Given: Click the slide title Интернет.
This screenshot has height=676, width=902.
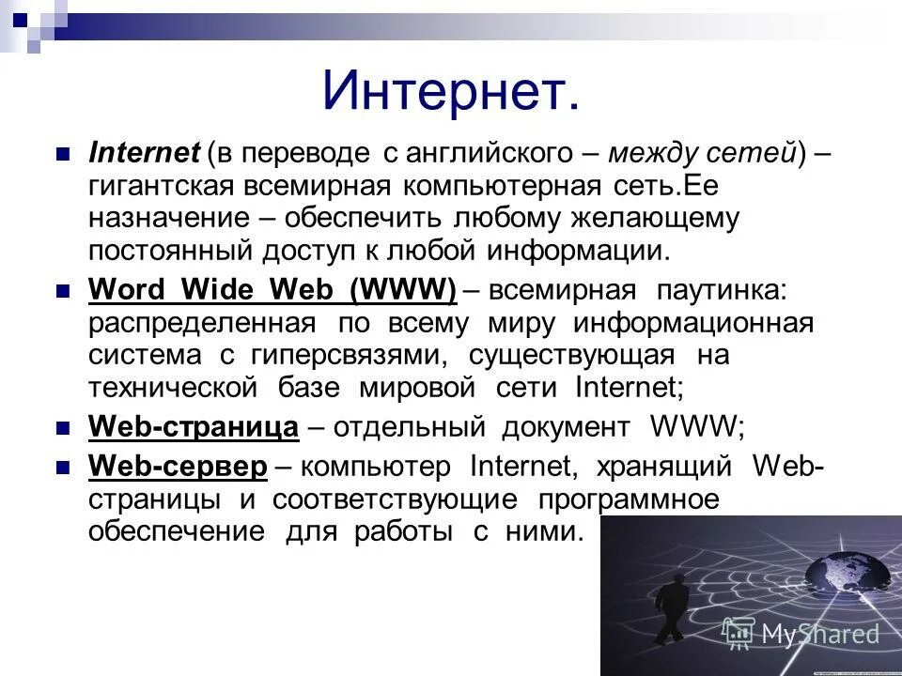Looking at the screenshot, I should [450, 92].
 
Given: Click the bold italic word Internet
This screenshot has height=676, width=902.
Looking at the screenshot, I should [144, 153].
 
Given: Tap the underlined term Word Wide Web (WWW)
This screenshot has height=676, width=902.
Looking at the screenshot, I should [272, 291].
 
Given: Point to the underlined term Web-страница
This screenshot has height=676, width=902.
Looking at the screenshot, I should [194, 427].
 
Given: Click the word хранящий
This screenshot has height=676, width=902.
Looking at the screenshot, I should [659, 466].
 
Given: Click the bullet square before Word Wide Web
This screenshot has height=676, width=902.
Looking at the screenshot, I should [64, 292].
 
